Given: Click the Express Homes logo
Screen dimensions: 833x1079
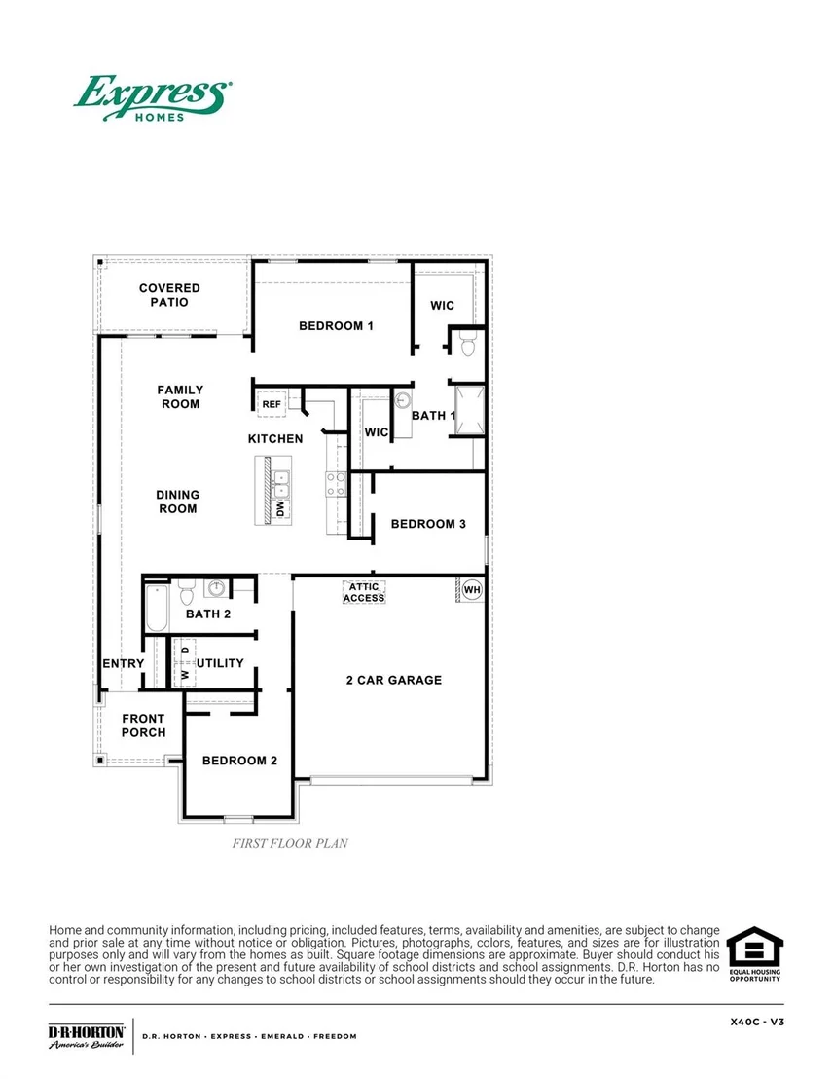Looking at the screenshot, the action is (x=153, y=98).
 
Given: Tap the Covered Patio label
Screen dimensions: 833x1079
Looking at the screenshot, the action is (x=169, y=295).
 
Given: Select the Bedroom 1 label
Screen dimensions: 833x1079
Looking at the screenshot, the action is (x=336, y=326).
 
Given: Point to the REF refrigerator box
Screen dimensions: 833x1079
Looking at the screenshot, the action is (x=272, y=404).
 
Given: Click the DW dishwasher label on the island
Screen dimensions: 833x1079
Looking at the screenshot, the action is (x=280, y=508).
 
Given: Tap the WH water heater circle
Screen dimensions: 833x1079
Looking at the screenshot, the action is (x=472, y=590).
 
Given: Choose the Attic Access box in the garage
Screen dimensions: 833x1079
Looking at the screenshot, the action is (x=364, y=592).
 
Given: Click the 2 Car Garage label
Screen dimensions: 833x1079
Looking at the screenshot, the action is (x=393, y=680).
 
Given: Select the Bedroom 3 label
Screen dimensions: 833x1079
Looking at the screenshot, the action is (x=428, y=524).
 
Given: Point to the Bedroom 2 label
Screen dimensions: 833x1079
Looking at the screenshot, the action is (x=239, y=761).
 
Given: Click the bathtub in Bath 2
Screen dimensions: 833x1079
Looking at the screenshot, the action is (x=157, y=608).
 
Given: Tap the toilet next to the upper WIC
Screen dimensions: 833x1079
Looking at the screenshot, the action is (x=468, y=344).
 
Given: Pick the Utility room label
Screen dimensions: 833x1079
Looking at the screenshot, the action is (x=220, y=663).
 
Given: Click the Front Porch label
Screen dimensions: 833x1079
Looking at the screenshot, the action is (x=143, y=726).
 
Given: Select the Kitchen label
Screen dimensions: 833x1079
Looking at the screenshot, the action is (x=275, y=439).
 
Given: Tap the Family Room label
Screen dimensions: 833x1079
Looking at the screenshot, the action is (x=180, y=397).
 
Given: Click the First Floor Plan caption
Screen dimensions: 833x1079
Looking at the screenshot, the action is (x=290, y=843).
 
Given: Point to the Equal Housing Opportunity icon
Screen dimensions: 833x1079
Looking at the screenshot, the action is (x=754, y=953).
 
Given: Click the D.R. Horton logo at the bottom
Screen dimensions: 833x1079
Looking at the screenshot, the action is (x=87, y=1036).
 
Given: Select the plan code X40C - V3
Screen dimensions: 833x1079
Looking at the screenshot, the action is (x=757, y=1022).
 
